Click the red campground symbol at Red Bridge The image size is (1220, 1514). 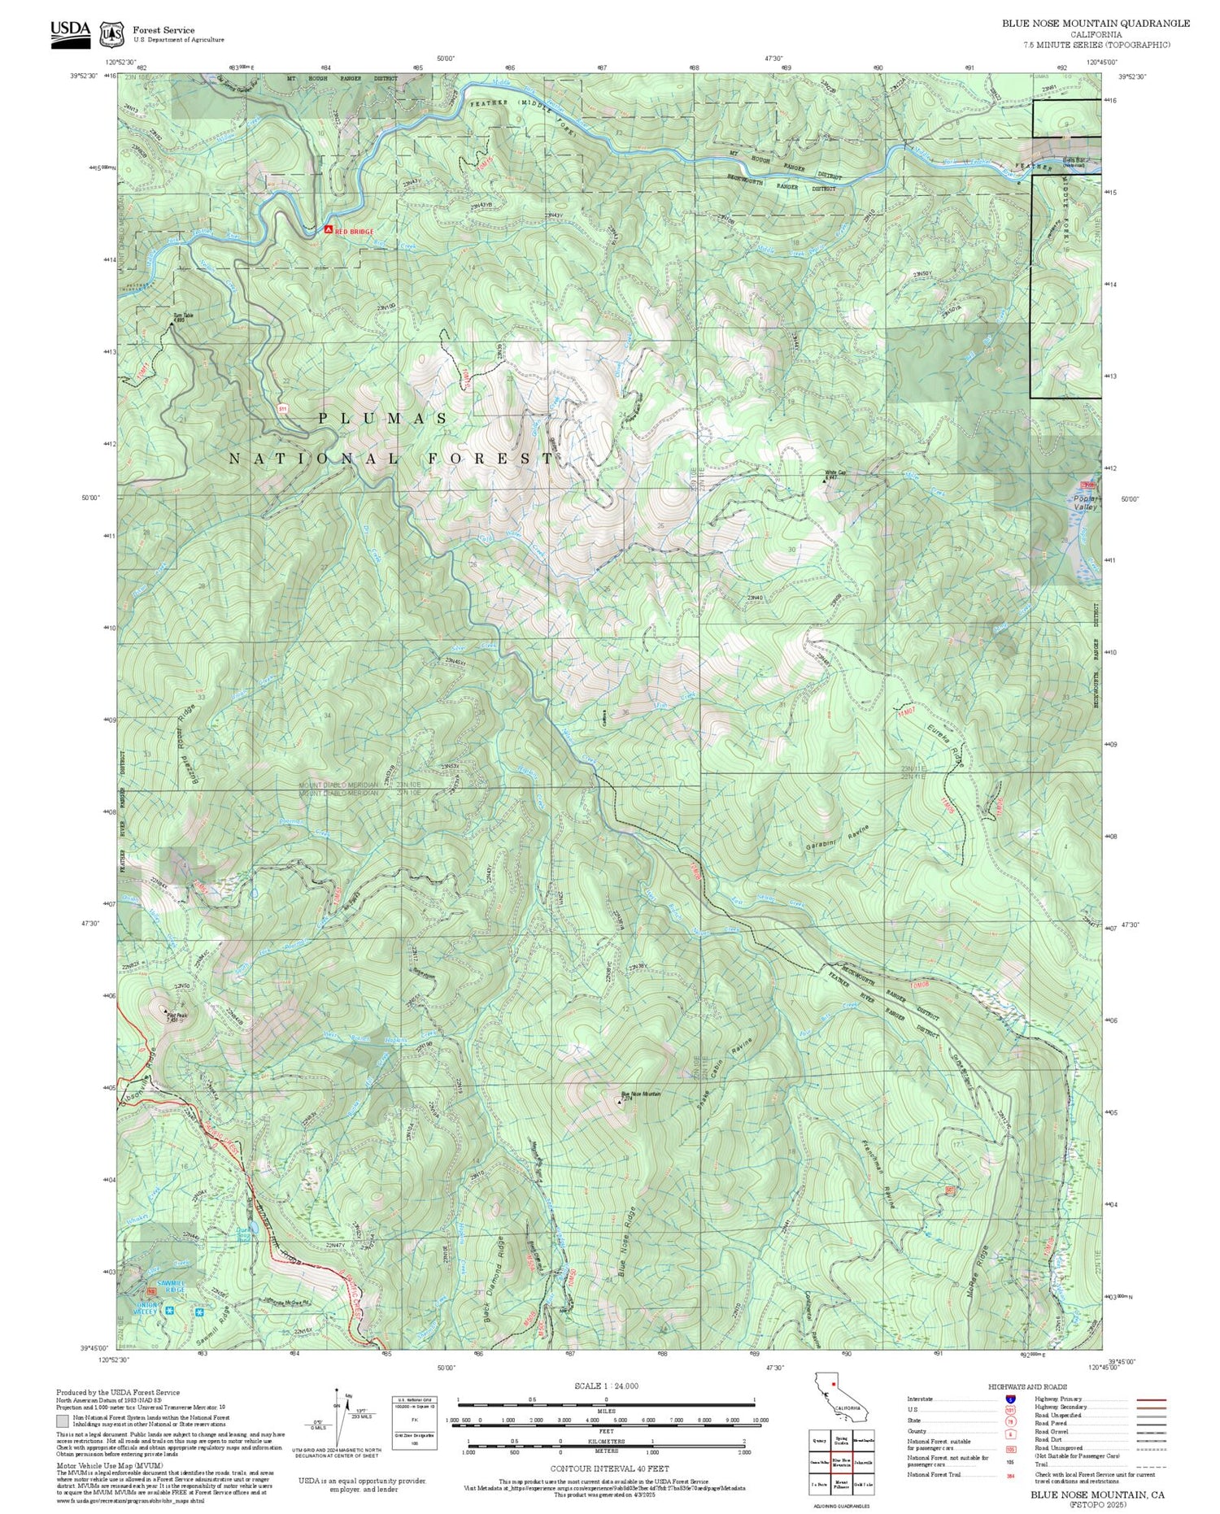(328, 230)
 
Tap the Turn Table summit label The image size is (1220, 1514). (182, 316)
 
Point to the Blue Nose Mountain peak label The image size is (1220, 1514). (640, 1094)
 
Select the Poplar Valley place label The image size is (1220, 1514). (1085, 502)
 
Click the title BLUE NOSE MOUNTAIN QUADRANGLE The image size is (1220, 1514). (1095, 23)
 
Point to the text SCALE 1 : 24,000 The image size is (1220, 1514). (606, 1386)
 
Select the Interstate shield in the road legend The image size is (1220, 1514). (1010, 1399)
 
